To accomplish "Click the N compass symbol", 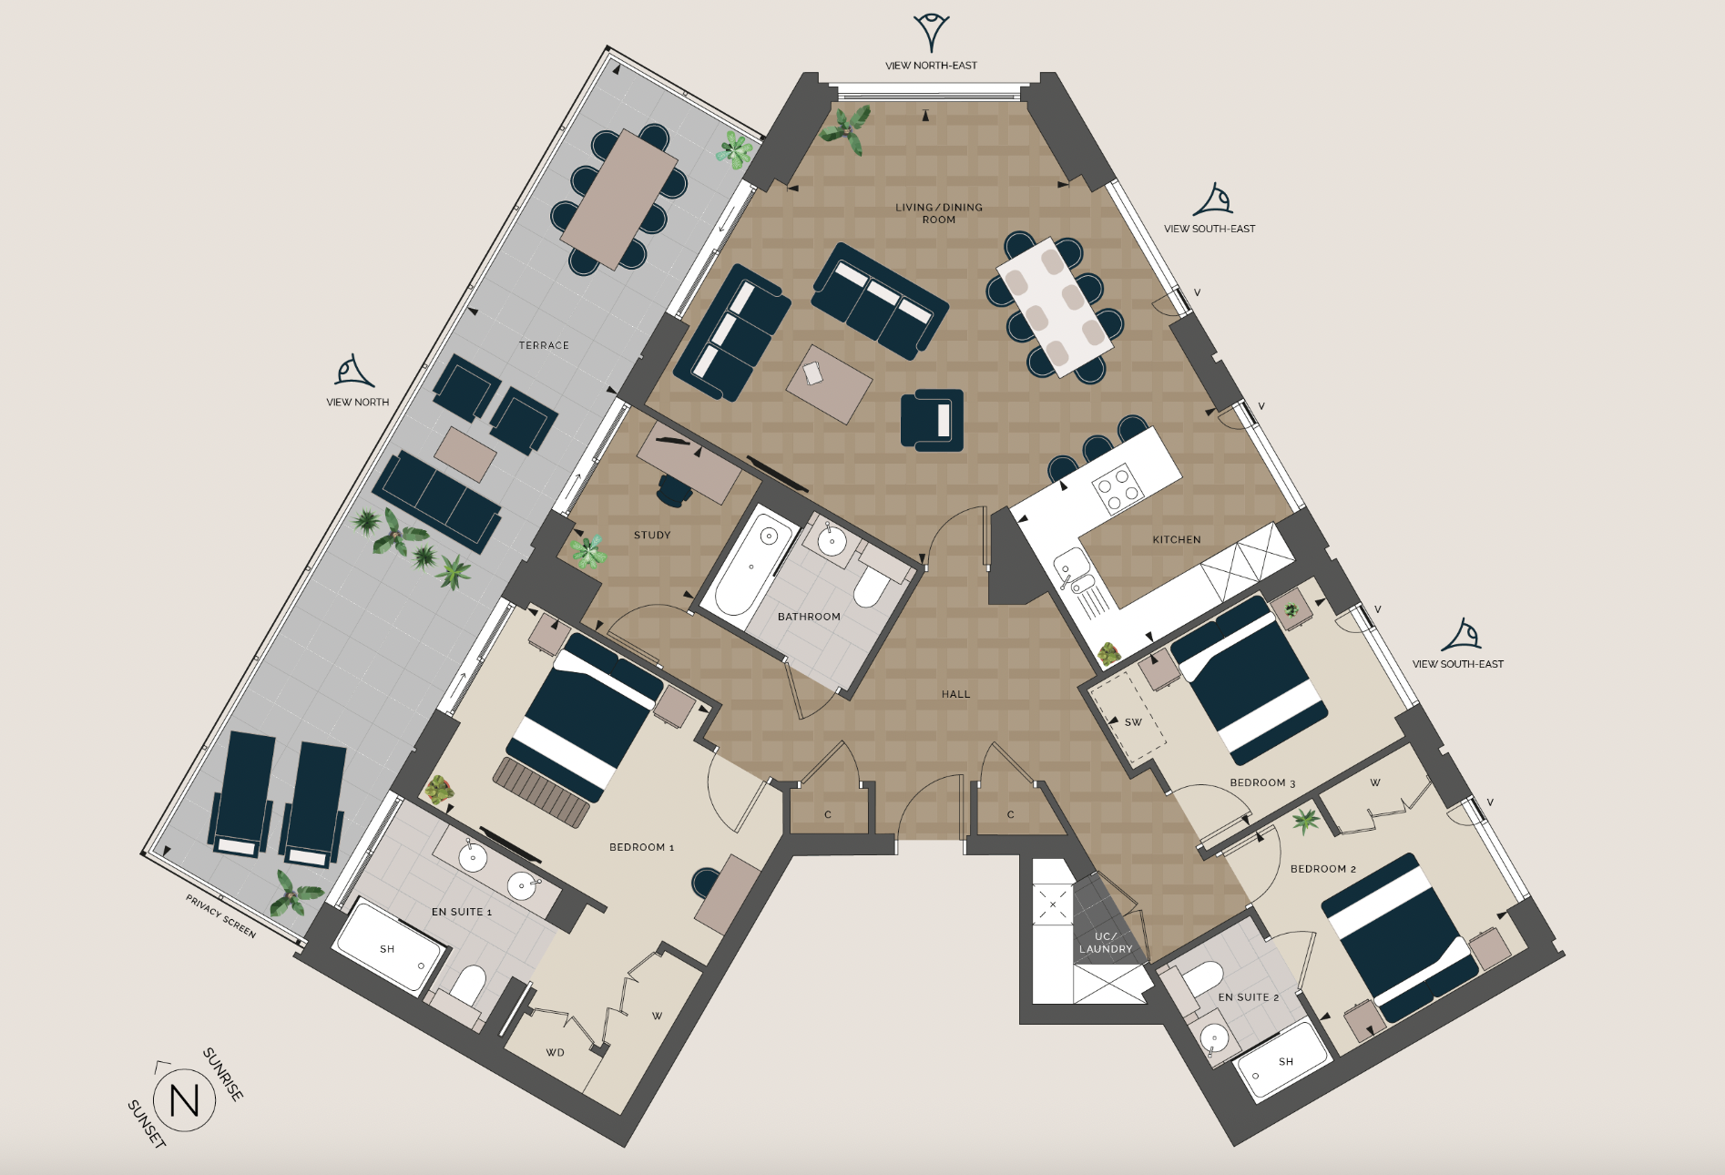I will pos(185,1100).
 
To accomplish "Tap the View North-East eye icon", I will pos(931,32).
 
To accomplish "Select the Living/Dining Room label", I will pos(938,213).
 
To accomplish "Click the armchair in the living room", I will pos(932,420).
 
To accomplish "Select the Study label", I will pos(652,536).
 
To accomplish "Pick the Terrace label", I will pos(544,346).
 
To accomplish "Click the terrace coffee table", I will pos(465,454).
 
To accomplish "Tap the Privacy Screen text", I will pos(220,916).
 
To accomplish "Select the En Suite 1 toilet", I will pos(468,985).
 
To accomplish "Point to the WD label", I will pos(555,1053).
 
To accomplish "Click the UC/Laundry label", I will pos(1106,943).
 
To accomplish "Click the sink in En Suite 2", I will pos(1214,1037).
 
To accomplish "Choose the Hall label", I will pos(955,694).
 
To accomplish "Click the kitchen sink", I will pos(1070,573).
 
